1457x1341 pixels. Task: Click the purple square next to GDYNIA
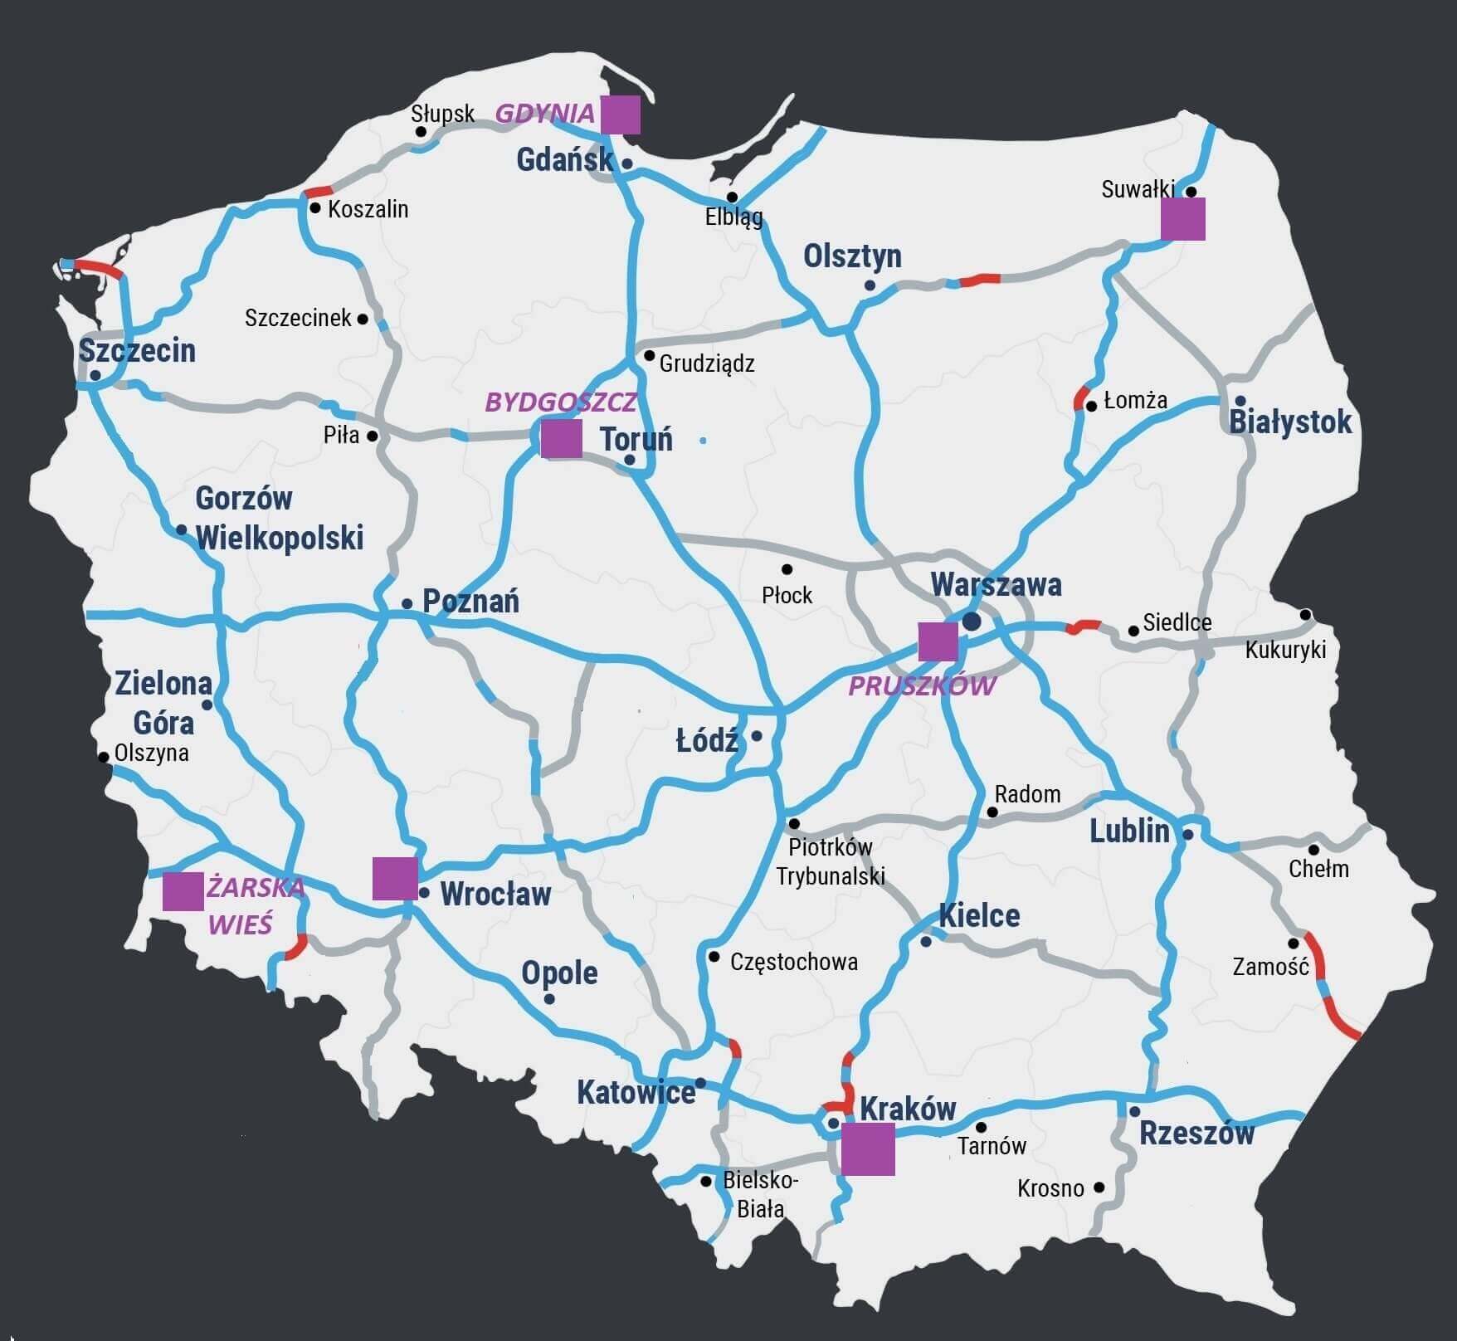(x=620, y=115)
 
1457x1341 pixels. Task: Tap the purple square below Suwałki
(x=1182, y=219)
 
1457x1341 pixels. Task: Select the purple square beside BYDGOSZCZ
(x=561, y=438)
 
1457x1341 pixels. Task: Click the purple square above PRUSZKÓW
(x=938, y=641)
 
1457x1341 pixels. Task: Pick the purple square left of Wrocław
(x=394, y=878)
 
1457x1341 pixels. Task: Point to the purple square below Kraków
(x=868, y=1149)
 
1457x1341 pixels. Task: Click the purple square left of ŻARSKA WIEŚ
(x=183, y=892)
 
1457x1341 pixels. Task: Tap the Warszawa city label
(x=996, y=585)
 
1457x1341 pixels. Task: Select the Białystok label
(x=1290, y=422)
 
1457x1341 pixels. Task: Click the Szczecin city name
(x=137, y=351)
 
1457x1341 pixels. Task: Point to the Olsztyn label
(x=852, y=256)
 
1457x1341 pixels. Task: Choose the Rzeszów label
(x=1196, y=1134)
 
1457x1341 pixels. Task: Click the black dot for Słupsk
(x=421, y=131)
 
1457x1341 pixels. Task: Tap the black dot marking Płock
(x=787, y=569)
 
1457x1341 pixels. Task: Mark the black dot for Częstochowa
(x=714, y=957)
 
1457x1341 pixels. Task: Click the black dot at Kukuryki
(x=1305, y=615)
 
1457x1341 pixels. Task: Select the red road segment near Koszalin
(x=319, y=193)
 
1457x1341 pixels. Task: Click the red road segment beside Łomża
(x=1080, y=397)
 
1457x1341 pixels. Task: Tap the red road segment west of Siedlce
(x=1083, y=627)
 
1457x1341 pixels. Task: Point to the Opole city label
(x=559, y=973)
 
